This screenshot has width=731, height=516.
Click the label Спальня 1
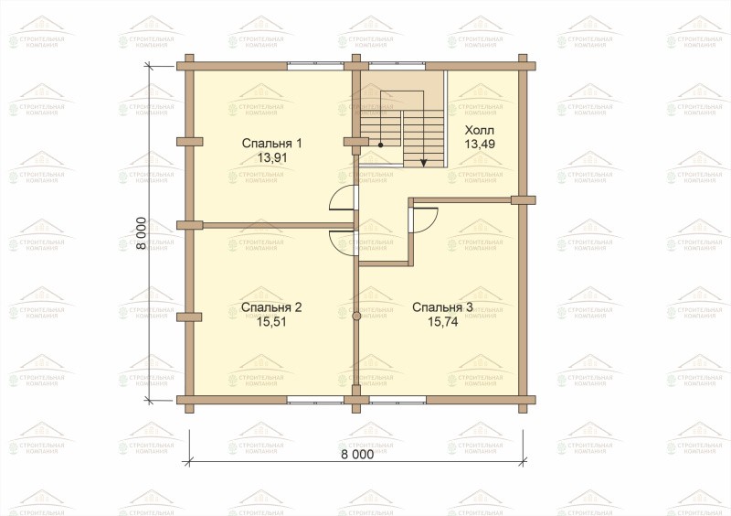tap(271, 144)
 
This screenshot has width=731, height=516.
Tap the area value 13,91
tap(272, 158)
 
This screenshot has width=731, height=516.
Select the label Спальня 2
tap(271, 307)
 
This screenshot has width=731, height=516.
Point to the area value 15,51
tap(271, 322)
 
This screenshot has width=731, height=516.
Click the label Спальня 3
tap(443, 307)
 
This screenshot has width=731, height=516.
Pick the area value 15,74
tap(443, 322)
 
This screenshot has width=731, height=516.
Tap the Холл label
tap(480, 130)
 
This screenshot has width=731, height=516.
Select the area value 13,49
tap(480, 145)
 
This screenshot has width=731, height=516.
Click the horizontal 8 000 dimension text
tap(357, 455)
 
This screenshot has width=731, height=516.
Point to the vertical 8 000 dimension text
tap(143, 233)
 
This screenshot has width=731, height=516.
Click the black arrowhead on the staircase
tap(423, 163)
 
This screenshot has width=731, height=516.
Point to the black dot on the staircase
tap(380, 145)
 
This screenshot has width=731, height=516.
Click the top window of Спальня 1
tap(315, 66)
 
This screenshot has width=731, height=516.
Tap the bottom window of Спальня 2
tap(315, 400)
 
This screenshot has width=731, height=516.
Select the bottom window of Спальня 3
tap(397, 400)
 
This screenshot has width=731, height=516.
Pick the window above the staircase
tap(397, 66)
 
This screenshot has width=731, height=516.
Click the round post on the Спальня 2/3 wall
tap(356, 317)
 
